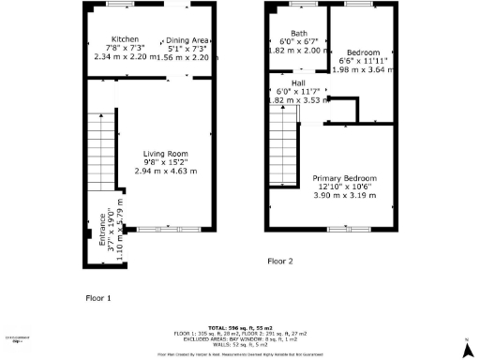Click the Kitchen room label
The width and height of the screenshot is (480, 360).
pyautogui.click(x=126, y=39)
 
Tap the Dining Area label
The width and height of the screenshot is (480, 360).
pyautogui.click(x=187, y=41)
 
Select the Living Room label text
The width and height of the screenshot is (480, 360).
pyautogui.click(x=166, y=154)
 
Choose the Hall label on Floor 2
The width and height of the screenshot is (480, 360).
pyautogui.click(x=298, y=82)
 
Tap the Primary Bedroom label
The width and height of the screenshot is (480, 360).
pyautogui.click(x=341, y=176)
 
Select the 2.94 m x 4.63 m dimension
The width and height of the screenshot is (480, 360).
pyautogui.click(x=166, y=172)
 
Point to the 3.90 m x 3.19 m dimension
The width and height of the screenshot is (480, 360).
pyautogui.click(x=341, y=195)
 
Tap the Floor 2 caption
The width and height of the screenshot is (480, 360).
pyautogui.click(x=280, y=261)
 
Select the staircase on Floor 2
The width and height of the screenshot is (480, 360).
pyautogui.click(x=280, y=123)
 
